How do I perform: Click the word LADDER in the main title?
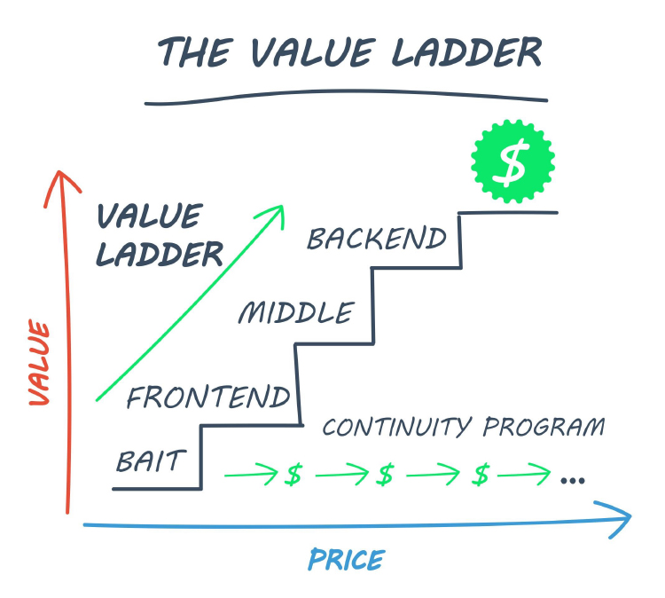click(466, 52)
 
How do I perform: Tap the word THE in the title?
click(196, 52)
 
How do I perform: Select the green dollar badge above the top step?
click(512, 161)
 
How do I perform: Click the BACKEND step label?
click(377, 239)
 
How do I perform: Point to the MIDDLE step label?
click(296, 312)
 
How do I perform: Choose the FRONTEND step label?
click(208, 397)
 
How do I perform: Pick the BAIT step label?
click(151, 460)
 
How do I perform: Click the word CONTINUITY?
click(397, 427)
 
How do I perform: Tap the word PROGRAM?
click(544, 427)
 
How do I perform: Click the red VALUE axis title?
click(39, 363)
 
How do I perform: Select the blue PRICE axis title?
click(347, 560)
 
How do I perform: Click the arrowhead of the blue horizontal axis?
click(630, 516)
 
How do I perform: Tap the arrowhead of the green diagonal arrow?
click(282, 207)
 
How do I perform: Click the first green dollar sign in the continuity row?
click(293, 474)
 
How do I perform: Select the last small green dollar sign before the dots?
click(481, 474)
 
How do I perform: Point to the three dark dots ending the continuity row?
click(573, 480)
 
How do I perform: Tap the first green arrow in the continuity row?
click(251, 475)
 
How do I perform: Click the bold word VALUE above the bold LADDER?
click(150, 216)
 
